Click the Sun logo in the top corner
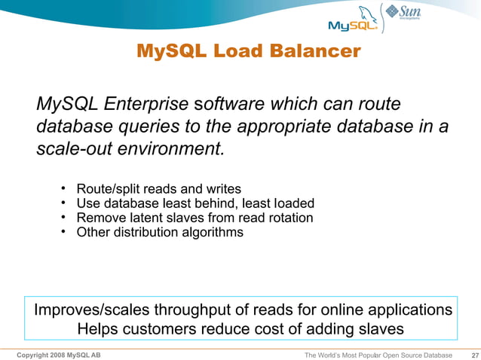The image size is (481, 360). pyautogui.click(x=403, y=16)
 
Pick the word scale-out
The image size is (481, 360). pyautogui.click(x=72, y=148)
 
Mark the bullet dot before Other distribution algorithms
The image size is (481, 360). pyautogui.click(x=65, y=232)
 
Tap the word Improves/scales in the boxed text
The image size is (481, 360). pyautogui.click(x=90, y=310)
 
